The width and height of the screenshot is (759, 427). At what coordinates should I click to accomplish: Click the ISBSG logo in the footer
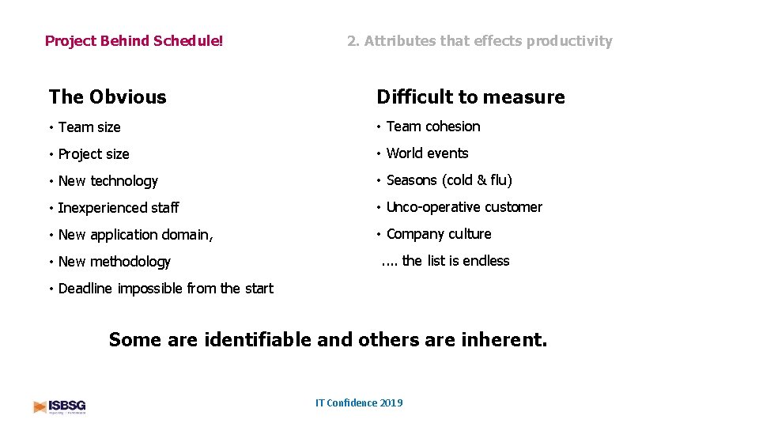pos(59,406)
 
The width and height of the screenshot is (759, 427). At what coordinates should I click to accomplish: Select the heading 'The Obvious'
pos(108,97)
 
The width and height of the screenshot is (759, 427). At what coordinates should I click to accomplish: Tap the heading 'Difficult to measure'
pos(470,97)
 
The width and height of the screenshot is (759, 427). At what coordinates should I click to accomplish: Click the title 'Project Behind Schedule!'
pos(134,40)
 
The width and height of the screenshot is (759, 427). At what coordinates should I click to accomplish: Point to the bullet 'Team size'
pos(89,127)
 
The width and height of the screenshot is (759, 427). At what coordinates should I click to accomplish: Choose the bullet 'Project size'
pos(93,154)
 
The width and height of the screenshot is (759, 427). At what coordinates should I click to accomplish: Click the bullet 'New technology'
pos(108,181)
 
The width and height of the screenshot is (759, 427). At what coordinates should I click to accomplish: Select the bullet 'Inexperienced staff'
pos(119,208)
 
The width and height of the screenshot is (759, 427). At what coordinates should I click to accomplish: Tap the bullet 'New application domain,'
pos(135,235)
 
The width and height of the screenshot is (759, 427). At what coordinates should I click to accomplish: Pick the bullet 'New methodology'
pos(114,262)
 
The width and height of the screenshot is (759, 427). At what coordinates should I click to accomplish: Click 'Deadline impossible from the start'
pos(165,289)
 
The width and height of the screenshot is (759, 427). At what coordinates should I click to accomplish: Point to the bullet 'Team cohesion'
pos(432,127)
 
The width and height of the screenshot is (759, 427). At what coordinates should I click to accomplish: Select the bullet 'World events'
pos(427,153)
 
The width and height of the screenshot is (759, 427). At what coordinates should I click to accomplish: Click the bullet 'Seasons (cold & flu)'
pos(449,180)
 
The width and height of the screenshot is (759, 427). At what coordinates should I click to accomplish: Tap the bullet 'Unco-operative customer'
pos(464,207)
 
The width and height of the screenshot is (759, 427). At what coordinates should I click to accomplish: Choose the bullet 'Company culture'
pos(439,234)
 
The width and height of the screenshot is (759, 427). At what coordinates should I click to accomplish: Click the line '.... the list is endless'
pos(445,261)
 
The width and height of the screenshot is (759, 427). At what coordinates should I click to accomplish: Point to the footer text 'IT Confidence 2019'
pos(359,403)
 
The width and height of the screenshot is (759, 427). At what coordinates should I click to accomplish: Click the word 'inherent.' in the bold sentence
pos(503,340)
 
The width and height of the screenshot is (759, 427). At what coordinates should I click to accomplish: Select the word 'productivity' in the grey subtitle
pos(569,41)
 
